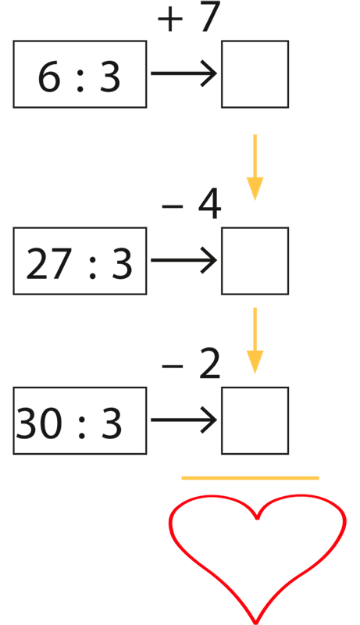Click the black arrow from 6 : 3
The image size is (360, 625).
184,73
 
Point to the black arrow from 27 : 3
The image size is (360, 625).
184,260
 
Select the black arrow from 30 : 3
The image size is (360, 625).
184,420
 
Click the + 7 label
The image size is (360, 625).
189,17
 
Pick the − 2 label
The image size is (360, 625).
191,364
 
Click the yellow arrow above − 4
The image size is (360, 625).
255,167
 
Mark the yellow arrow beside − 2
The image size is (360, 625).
255,341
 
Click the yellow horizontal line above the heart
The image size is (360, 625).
250,478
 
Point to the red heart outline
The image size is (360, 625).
257,517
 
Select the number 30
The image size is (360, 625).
38,423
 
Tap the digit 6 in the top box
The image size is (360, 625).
48,77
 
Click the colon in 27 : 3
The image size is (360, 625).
92,266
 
